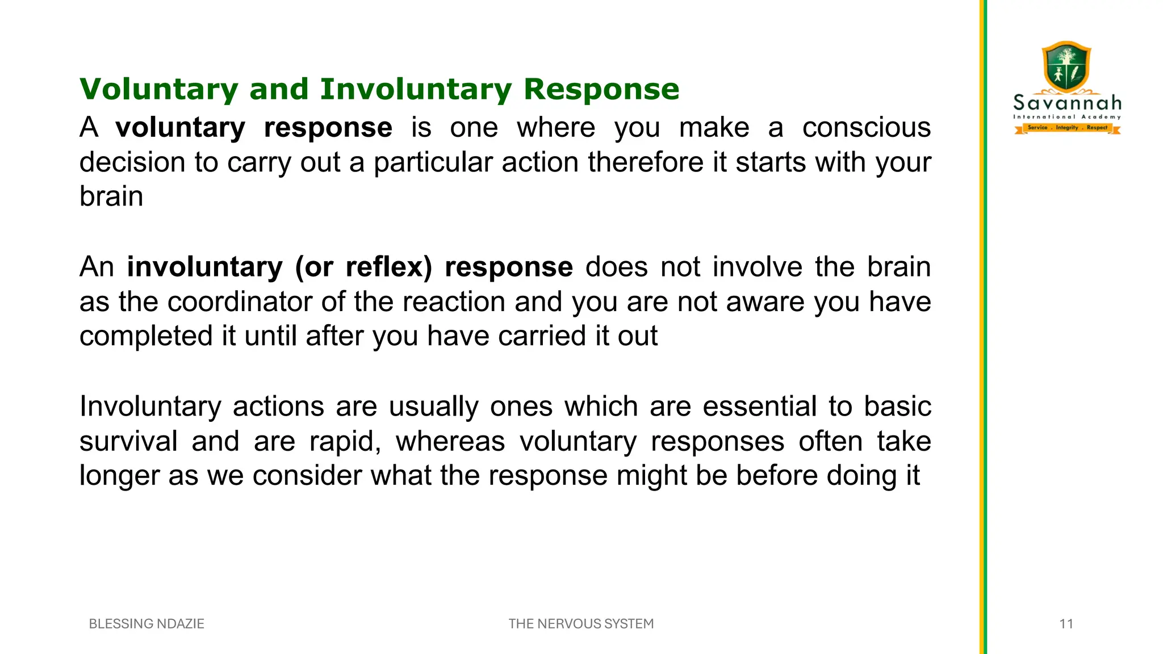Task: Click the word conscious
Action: [866, 128]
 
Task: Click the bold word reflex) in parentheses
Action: [389, 267]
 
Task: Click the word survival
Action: [128, 442]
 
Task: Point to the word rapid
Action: [345, 442]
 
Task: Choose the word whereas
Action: [450, 442]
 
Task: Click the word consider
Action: [307, 476]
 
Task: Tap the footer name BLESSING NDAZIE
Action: [147, 624]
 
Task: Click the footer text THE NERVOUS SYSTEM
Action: [581, 624]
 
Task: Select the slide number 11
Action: [1066, 624]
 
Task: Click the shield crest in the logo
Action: [1066, 67]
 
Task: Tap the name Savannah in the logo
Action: [1067, 103]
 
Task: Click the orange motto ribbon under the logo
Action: [1067, 128]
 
